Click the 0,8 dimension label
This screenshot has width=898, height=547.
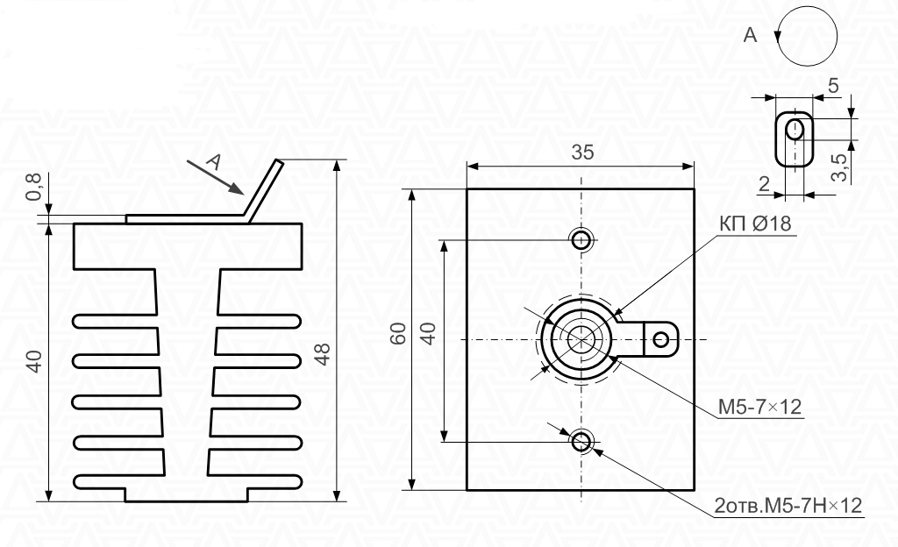coord(34,187)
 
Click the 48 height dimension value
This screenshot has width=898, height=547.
coord(323,354)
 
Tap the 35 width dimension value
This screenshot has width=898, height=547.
coord(582,153)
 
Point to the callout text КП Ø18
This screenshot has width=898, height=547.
coord(755,224)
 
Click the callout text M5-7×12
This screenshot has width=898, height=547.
coord(759,408)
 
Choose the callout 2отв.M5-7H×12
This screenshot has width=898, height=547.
coord(788,506)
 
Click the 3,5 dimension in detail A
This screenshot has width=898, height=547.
coord(840,167)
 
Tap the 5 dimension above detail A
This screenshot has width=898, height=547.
coord(833,86)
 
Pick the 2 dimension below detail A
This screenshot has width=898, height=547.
coord(764,184)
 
